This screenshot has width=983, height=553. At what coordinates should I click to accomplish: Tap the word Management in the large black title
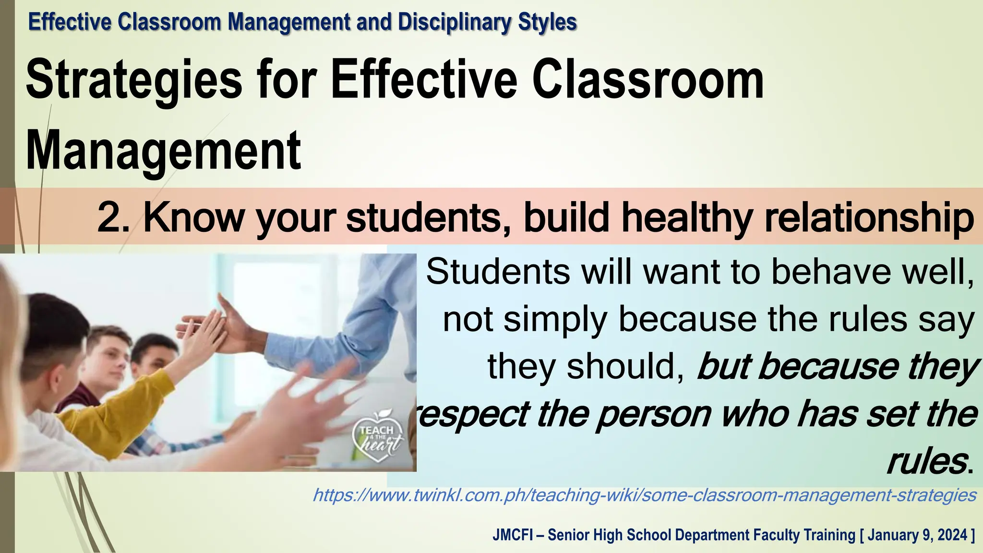(x=163, y=151)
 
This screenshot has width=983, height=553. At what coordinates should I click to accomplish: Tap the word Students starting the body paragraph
(x=499, y=272)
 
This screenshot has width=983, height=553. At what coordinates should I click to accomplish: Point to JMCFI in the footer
(x=512, y=535)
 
